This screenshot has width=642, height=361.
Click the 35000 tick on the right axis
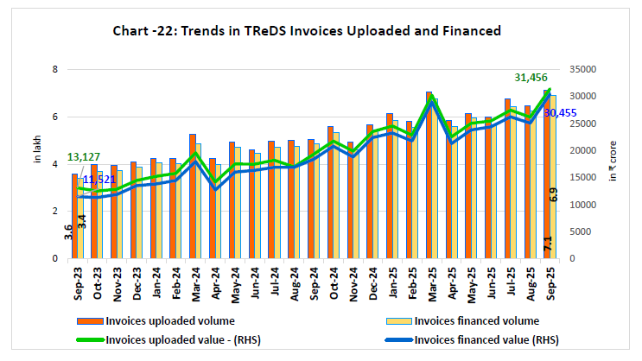(585, 69)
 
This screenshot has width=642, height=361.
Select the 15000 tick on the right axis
(585, 178)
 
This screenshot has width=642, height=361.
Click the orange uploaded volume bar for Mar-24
(193, 196)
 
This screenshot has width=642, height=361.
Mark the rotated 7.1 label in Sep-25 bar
(549, 244)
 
